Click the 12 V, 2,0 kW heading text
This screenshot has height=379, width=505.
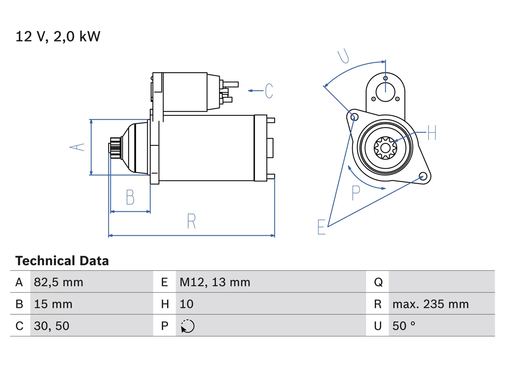58,37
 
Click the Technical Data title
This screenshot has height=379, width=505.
62,261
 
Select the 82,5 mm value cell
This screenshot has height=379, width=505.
58,282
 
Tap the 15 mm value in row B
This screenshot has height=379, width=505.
53,304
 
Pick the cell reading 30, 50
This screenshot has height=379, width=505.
52,326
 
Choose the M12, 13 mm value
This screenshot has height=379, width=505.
215,282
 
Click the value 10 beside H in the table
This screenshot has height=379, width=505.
187,304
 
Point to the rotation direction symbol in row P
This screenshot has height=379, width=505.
187,326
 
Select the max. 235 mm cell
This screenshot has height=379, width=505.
430,304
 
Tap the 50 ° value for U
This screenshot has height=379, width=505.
404,326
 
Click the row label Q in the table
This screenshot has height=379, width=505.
378,282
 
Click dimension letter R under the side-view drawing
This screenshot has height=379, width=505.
191,221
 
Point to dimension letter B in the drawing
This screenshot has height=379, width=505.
130,197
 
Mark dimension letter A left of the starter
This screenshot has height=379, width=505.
77,147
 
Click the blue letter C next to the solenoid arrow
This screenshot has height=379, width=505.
269,91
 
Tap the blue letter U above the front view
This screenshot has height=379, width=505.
344,56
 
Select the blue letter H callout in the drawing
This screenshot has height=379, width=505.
432,132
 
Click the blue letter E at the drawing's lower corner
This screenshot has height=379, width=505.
322,227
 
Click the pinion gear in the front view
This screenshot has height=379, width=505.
385,148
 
